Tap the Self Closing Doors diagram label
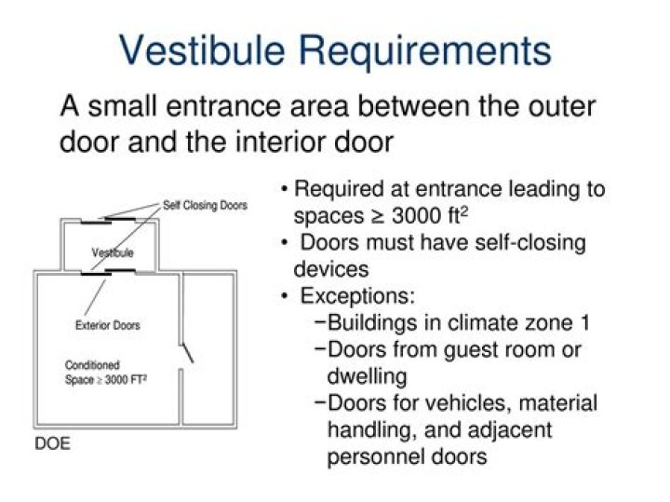[206, 205]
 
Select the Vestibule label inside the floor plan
[113, 252]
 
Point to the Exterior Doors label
[108, 325]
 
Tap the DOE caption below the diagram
[52, 443]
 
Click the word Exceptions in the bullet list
[356, 297]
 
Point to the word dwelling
[367, 376]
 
